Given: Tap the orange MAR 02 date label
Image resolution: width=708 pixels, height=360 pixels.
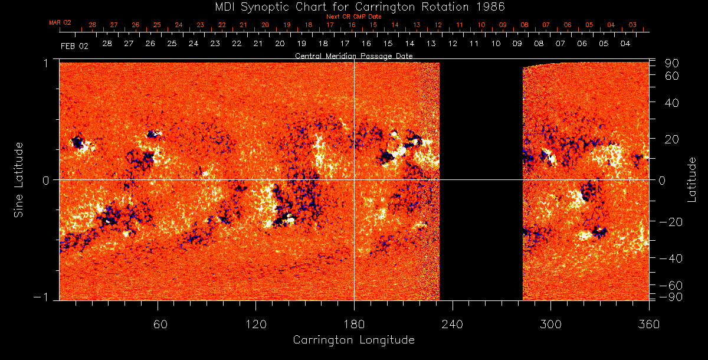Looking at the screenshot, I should pos(60,22).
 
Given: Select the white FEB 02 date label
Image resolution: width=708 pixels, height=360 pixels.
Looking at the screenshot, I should pos(74,46).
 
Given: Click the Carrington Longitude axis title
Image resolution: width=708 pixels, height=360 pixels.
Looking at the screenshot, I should pos(353,340).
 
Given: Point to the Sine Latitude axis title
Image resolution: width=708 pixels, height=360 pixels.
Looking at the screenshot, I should pos(19,179).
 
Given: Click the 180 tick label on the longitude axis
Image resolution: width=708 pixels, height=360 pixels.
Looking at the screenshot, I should pos(354,325).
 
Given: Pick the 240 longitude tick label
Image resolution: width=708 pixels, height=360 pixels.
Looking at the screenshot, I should pos(453,325).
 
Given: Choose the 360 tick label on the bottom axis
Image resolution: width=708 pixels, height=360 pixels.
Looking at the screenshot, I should pos(648,325).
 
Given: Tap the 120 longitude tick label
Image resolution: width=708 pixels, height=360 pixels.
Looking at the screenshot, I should pos(255,325).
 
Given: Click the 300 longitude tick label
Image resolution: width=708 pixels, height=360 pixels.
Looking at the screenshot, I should pos(550,325).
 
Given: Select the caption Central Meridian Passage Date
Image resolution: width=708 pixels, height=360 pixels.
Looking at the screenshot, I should pos(353,55).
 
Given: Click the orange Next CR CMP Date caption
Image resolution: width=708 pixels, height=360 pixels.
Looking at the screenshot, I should pos(354,17).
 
